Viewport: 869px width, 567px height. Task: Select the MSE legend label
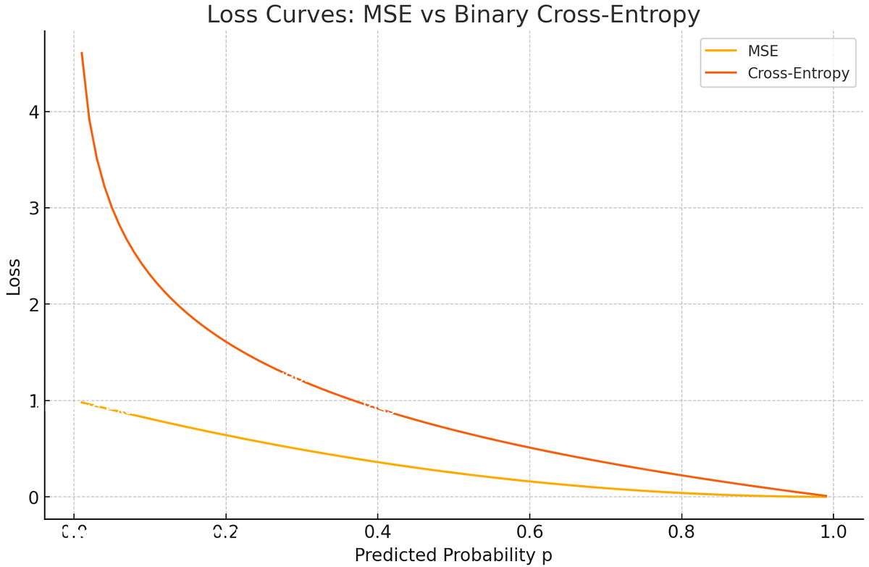[763, 51]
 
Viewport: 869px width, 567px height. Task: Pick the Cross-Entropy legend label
[798, 72]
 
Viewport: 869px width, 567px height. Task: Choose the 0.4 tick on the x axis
[377, 532]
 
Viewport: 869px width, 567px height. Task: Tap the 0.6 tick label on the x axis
[529, 532]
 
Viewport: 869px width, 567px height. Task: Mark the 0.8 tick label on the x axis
[681, 532]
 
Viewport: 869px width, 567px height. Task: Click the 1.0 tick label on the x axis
[834, 532]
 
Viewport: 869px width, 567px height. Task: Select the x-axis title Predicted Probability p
[453, 555]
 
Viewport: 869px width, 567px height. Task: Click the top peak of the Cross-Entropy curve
[82, 53]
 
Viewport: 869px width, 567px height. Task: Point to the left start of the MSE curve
[82, 402]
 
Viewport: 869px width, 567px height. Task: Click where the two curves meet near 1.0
[826, 496]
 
